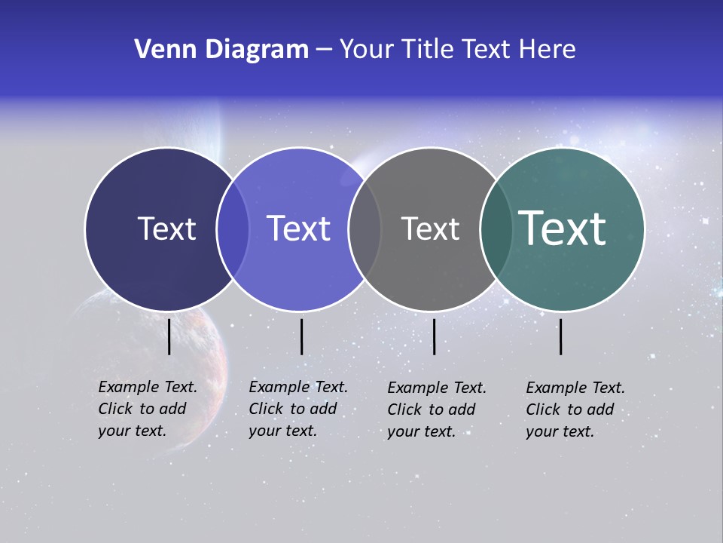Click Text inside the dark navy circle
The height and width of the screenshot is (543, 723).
click(166, 229)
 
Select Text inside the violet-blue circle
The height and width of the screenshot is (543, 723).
click(299, 229)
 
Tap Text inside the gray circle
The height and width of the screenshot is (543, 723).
click(430, 229)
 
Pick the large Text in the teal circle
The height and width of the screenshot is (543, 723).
click(563, 229)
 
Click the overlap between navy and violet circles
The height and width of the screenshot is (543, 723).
click(233, 229)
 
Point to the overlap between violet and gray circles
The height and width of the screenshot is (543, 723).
click(365, 229)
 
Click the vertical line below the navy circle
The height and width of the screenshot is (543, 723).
click(169, 336)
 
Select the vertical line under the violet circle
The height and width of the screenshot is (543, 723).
click(301, 336)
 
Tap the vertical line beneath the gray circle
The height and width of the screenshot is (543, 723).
click(434, 336)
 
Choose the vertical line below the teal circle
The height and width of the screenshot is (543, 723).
click(561, 336)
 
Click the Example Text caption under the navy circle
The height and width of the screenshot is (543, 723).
click(148, 409)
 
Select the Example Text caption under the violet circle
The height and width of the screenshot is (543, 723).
click(298, 409)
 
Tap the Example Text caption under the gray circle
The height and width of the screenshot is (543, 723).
click(437, 410)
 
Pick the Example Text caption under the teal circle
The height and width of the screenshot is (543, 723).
click(575, 410)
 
